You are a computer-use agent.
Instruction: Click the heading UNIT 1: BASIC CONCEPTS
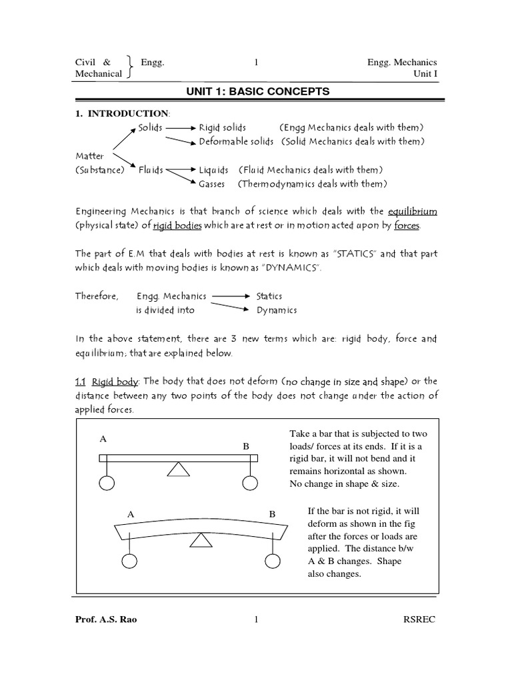tap(256, 91)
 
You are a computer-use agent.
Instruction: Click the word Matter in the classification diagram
tap(89, 156)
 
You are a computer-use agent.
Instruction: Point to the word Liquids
tap(213, 170)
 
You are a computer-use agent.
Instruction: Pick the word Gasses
tap(211, 184)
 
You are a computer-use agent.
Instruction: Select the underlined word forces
tap(407, 226)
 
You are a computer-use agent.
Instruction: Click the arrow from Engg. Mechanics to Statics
tap(231, 296)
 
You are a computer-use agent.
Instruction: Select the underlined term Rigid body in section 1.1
tap(114, 381)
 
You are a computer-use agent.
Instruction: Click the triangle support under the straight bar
tap(177, 470)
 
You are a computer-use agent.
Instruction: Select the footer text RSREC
tap(419, 621)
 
